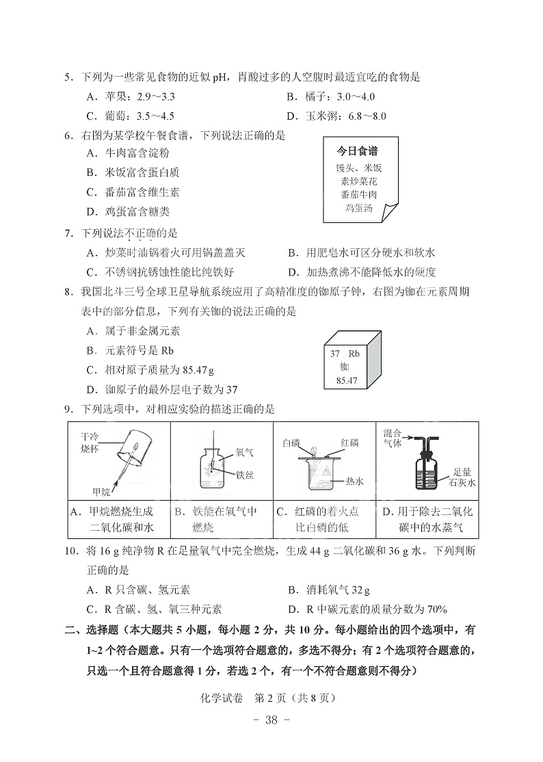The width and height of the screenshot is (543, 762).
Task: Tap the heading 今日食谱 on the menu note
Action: pos(358,151)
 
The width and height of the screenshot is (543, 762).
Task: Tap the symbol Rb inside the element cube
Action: pos(354,354)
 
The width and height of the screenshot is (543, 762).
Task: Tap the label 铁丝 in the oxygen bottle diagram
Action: pos(244,475)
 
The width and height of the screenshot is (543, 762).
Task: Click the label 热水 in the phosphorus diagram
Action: pos(354,482)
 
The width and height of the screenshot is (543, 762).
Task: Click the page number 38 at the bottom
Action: pos(271,720)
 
